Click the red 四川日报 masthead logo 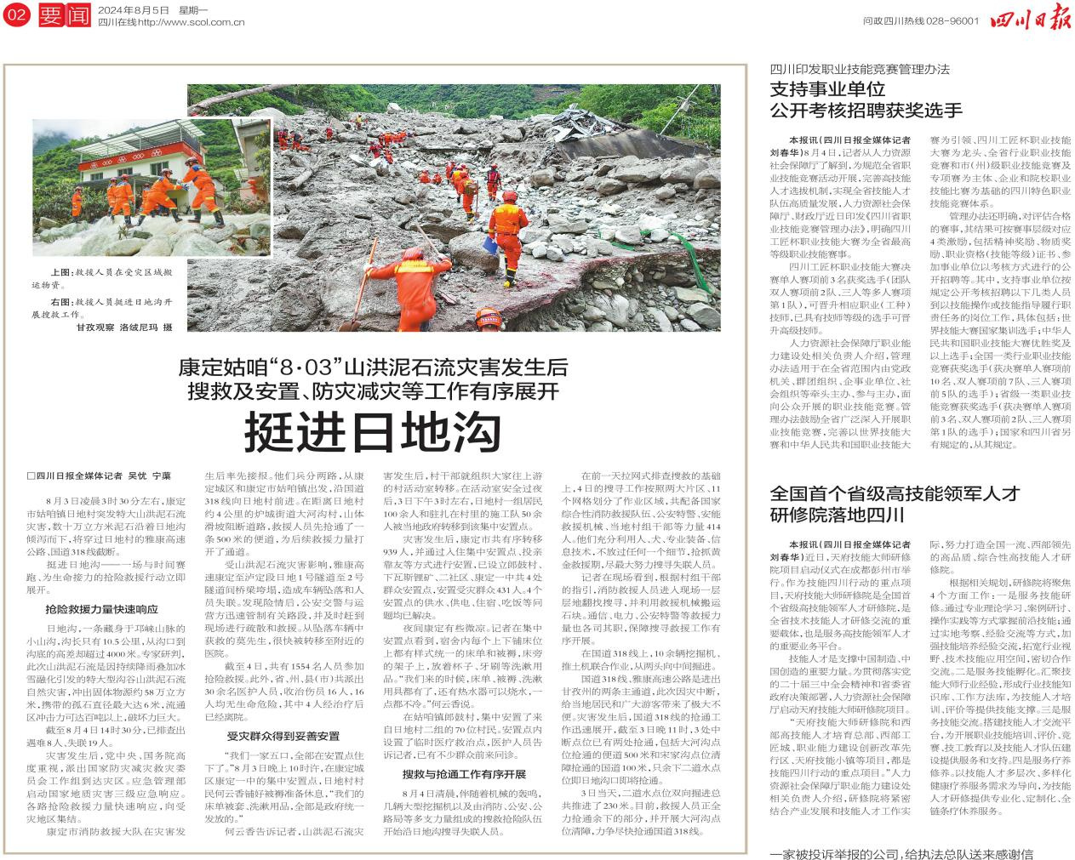coord(1030,19)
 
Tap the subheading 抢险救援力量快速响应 coord(101,609)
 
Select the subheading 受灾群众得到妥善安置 coord(283,736)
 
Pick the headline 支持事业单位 coord(828,88)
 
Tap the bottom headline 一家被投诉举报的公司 coord(901,853)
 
